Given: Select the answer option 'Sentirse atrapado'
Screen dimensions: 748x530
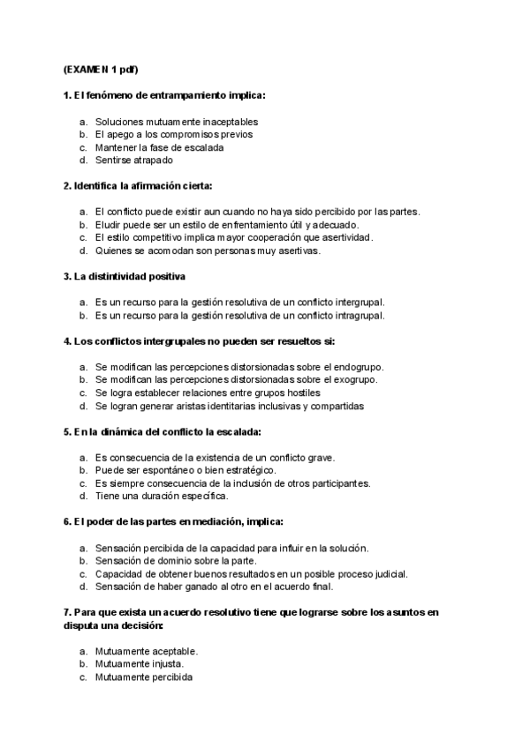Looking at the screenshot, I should (134, 161).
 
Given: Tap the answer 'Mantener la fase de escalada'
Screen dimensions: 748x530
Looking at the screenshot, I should (159, 147).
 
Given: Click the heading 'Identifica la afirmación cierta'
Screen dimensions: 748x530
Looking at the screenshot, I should (139, 186).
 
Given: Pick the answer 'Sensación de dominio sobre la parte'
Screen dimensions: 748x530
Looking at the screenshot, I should (176, 561).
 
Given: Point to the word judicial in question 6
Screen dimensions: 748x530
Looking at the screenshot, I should (390, 573).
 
